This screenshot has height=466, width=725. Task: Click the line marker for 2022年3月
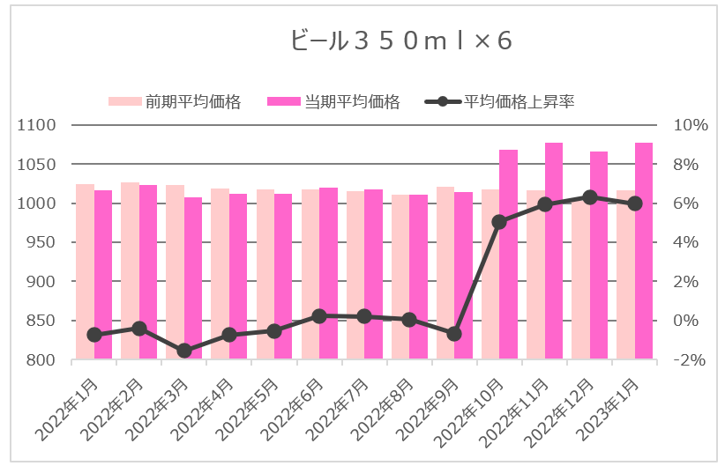point(184,351)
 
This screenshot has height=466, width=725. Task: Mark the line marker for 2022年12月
point(590,197)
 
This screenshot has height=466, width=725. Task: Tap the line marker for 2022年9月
point(454,334)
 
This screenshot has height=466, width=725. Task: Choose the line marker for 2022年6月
point(319,315)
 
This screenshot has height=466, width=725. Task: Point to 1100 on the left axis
point(38,125)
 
